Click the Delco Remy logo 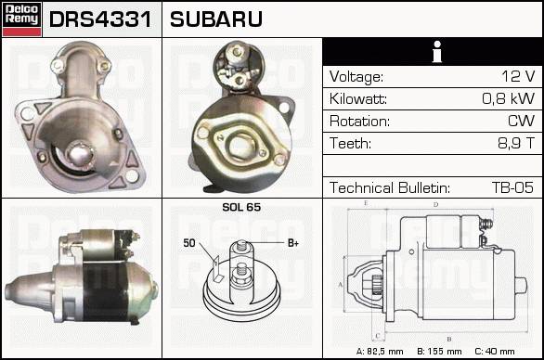[x=21, y=19]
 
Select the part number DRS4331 [x=100, y=19]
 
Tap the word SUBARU [x=215, y=19]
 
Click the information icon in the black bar [x=437, y=52]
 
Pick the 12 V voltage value [x=518, y=76]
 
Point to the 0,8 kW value [x=509, y=98]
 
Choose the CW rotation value [x=521, y=121]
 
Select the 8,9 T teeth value [x=516, y=143]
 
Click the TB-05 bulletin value [x=512, y=187]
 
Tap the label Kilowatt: [x=358, y=99]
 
